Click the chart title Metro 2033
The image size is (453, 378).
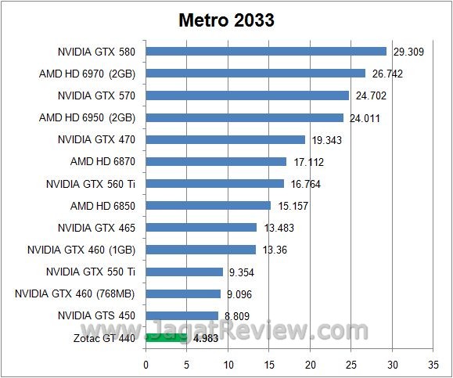click(225, 20)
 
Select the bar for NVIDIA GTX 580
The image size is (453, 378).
click(266, 52)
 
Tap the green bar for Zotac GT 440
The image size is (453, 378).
click(166, 338)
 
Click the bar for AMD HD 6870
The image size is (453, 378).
click(216, 162)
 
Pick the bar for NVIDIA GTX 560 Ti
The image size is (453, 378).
click(214, 184)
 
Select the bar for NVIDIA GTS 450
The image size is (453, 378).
click(182, 316)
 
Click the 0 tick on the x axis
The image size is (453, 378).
click(146, 364)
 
